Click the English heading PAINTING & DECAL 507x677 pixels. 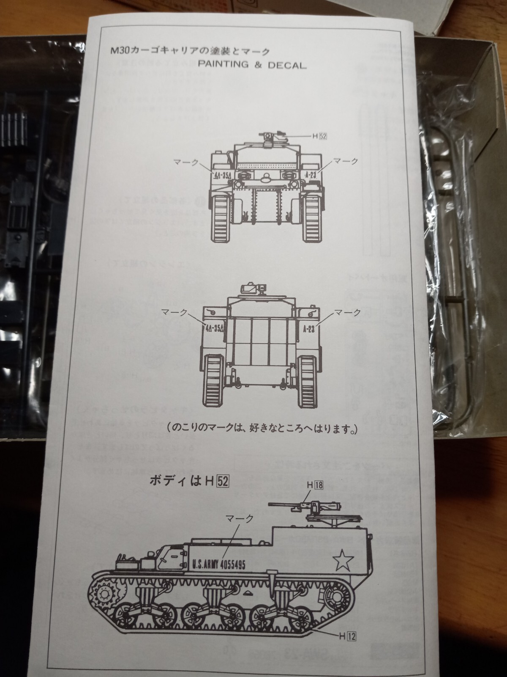pyautogui.click(x=252, y=66)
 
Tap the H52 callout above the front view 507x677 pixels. pyautogui.click(x=320, y=136)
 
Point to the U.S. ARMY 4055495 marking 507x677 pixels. pyautogui.click(x=218, y=564)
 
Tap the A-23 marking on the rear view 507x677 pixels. pyautogui.click(x=308, y=330)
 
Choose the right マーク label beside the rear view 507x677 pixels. pyautogui.click(x=347, y=312)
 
